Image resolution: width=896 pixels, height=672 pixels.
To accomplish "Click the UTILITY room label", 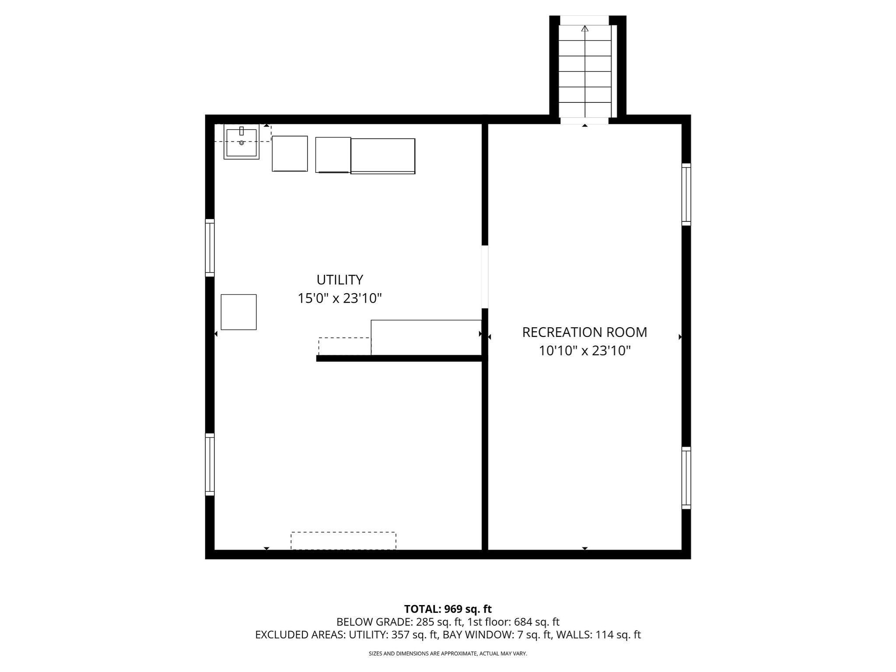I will (x=339, y=280).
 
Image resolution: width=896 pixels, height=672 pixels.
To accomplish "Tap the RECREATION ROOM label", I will (x=584, y=332).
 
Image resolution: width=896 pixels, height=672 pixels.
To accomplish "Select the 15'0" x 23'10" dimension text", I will (x=339, y=298).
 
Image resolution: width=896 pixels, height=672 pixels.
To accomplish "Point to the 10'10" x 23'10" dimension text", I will (x=584, y=351).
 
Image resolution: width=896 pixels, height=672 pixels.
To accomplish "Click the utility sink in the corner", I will (x=241, y=142).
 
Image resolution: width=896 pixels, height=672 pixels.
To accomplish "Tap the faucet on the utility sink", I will (x=241, y=131).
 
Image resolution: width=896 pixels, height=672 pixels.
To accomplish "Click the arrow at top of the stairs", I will (x=585, y=29).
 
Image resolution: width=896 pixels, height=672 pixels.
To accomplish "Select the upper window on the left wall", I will (x=210, y=248).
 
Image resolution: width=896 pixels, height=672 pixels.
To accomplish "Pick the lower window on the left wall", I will (x=210, y=464).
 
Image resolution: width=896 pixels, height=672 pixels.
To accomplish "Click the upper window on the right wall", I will (x=686, y=195).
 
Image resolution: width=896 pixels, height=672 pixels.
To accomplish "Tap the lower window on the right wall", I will (x=686, y=478).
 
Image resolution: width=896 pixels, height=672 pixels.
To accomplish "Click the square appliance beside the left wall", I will (x=238, y=312).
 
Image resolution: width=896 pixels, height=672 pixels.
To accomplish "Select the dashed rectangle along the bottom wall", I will (x=343, y=540).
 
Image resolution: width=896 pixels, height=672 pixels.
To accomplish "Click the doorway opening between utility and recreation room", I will (x=485, y=276).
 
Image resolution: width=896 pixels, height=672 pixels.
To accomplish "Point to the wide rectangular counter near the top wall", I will (x=383, y=156).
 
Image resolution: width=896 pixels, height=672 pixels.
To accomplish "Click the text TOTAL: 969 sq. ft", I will (x=448, y=609).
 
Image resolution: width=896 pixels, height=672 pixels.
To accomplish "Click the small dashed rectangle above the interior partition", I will (x=345, y=346).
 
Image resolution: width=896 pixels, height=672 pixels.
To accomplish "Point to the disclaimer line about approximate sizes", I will (x=448, y=654).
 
